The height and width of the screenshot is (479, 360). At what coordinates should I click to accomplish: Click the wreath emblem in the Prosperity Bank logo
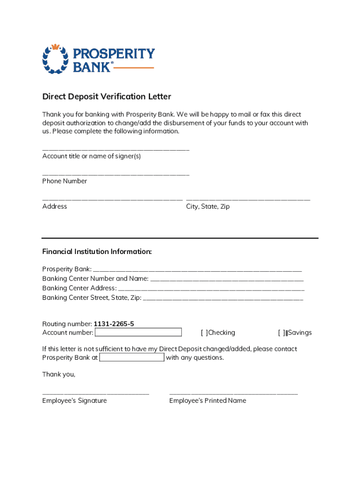click(56, 59)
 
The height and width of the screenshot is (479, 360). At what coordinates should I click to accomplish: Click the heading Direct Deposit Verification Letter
click(107, 97)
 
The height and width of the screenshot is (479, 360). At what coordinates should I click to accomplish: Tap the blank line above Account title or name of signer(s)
click(115, 150)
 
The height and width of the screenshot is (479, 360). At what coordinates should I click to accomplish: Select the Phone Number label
click(65, 181)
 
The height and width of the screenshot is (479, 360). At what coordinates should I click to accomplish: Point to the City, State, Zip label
click(208, 206)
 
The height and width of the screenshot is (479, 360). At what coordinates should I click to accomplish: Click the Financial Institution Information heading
click(97, 252)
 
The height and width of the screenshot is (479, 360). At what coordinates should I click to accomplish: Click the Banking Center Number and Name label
click(95, 279)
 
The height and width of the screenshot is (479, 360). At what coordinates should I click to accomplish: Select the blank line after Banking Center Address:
click(211, 290)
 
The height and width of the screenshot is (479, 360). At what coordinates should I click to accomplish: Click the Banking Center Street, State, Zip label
click(92, 298)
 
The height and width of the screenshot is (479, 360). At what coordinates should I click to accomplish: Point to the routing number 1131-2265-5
click(117, 324)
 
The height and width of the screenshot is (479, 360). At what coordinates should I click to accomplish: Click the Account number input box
click(138, 333)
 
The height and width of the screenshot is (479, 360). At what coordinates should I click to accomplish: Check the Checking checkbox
click(204, 333)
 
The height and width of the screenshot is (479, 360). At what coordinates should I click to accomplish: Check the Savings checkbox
click(282, 333)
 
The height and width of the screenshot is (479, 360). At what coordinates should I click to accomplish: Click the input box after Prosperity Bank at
click(132, 357)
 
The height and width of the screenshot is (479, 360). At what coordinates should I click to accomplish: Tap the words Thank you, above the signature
click(58, 374)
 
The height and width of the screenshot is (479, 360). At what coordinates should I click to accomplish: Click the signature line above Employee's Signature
click(95, 394)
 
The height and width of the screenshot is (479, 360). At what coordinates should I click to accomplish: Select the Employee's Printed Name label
click(208, 400)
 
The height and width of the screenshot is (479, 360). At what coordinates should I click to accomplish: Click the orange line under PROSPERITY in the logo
click(134, 68)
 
